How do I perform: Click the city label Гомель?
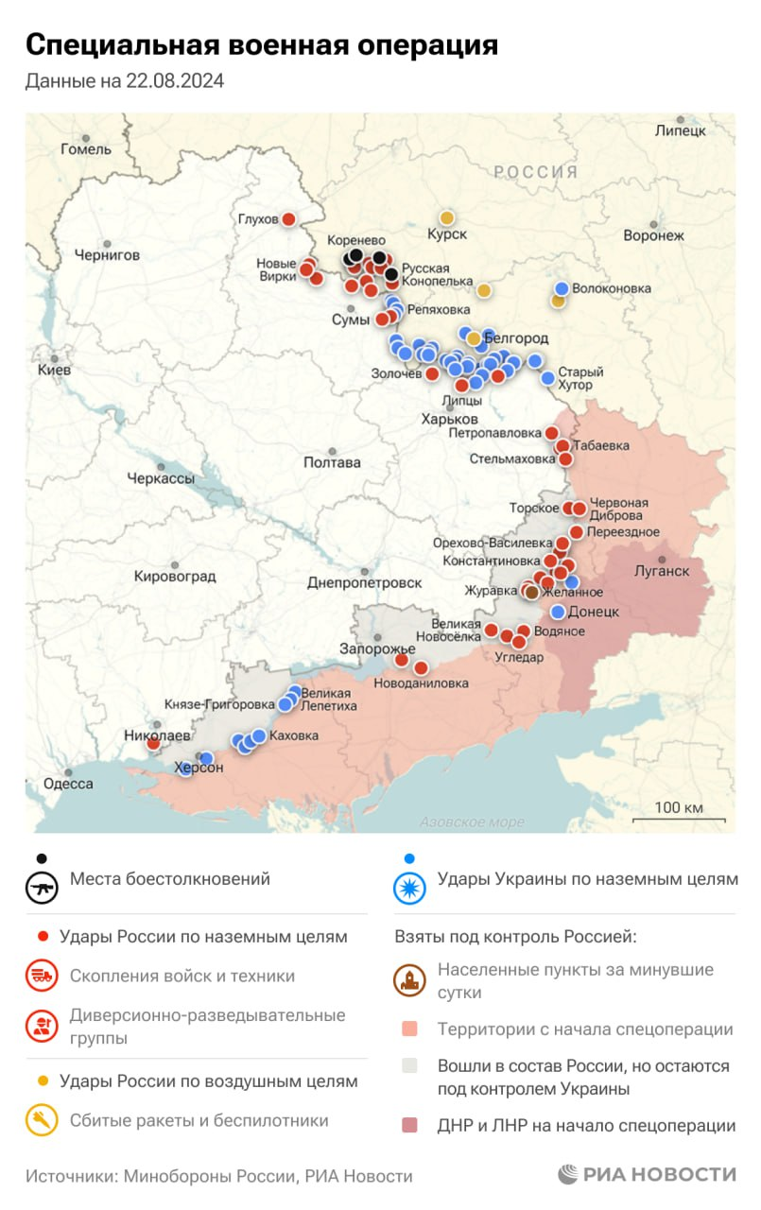(x=85, y=148)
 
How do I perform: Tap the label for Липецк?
(x=680, y=130)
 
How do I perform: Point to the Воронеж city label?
(x=653, y=235)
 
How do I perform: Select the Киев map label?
(x=54, y=370)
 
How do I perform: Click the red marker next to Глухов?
(x=289, y=219)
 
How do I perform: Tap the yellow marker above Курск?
(x=446, y=217)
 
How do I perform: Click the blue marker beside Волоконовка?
(x=562, y=288)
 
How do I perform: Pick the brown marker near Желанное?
(x=531, y=592)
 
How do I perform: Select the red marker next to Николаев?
(x=153, y=743)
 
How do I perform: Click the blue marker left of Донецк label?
(x=558, y=612)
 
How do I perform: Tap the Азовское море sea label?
(x=472, y=821)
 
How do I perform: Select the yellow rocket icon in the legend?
(x=41, y=1120)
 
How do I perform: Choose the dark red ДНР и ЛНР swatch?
(x=408, y=1125)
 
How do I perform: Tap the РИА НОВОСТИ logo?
(x=647, y=1174)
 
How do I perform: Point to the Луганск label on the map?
(x=661, y=571)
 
